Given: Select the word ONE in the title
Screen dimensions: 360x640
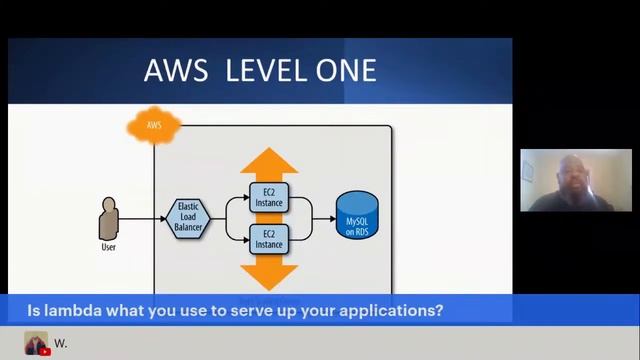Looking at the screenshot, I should point(346,70).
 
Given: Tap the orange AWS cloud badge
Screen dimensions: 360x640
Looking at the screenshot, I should point(154,126).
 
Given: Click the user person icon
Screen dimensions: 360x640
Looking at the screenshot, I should point(109,217).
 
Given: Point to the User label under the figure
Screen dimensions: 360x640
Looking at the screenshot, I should point(109,246).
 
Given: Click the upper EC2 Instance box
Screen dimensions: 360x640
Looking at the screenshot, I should point(268,196).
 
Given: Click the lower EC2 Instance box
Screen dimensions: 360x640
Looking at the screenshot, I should point(268,239).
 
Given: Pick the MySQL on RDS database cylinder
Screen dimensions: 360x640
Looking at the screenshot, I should point(357,215).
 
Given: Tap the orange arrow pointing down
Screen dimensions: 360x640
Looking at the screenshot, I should point(269,274).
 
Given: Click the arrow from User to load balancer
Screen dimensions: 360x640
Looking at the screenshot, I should point(145,217).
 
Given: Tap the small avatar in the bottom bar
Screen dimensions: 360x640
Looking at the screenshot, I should point(36,343).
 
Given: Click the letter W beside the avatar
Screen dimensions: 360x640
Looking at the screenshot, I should point(59,343).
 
